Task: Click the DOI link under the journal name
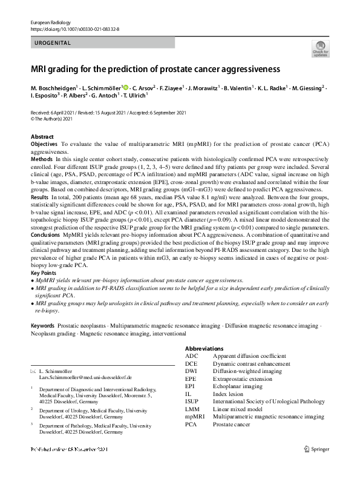74,28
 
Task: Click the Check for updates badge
320,49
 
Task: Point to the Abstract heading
42,137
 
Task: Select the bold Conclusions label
45,234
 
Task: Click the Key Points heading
44,273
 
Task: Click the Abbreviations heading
205,349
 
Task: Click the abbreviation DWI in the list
191,371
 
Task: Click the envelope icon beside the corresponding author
33,370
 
